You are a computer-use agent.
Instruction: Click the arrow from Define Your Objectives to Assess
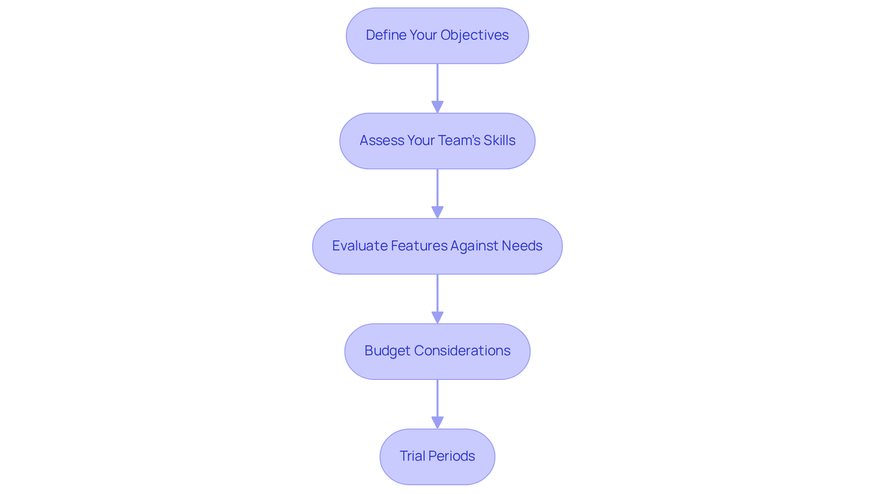(x=437, y=87)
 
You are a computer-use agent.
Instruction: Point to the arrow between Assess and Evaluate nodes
(x=437, y=192)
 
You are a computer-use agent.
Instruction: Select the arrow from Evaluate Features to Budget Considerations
(x=437, y=297)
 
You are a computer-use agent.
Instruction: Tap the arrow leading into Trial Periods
(x=437, y=402)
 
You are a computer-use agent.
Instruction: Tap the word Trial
(x=412, y=456)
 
